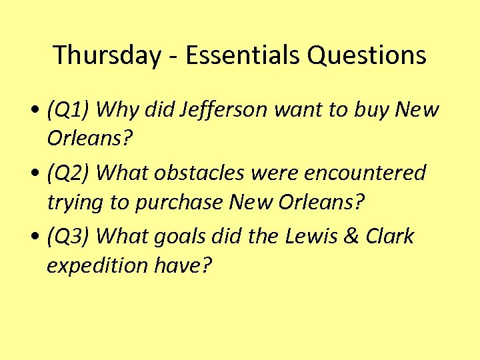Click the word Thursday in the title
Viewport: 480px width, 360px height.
(106, 55)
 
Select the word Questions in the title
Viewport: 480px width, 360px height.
(367, 55)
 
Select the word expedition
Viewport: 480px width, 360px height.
(97, 265)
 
